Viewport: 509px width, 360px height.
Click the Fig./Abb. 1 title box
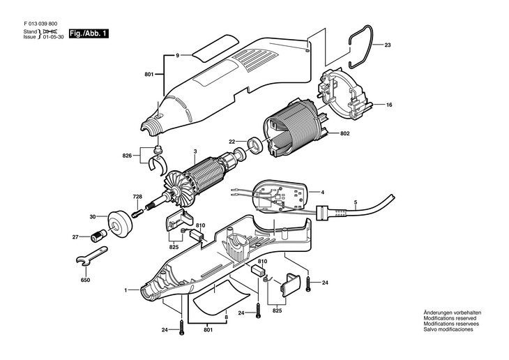click(x=89, y=33)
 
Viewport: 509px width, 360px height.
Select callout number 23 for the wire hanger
click(x=388, y=45)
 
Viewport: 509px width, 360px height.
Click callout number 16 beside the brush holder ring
click(x=389, y=105)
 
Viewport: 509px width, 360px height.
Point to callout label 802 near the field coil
click(x=345, y=133)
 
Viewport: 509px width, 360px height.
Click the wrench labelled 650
click(x=91, y=255)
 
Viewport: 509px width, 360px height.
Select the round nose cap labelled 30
click(x=120, y=223)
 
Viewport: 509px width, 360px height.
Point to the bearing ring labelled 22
click(x=256, y=144)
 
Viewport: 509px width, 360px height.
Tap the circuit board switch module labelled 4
click(x=280, y=196)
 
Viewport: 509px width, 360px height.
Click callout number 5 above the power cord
click(x=356, y=203)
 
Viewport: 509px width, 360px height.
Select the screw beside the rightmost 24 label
click(x=307, y=283)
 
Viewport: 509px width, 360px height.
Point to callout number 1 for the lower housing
click(x=126, y=290)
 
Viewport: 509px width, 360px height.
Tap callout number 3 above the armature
click(x=195, y=151)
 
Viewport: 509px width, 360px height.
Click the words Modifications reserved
click(x=450, y=318)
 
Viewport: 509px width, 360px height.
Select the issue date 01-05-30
click(x=54, y=37)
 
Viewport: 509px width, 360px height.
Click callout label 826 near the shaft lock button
click(x=127, y=156)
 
